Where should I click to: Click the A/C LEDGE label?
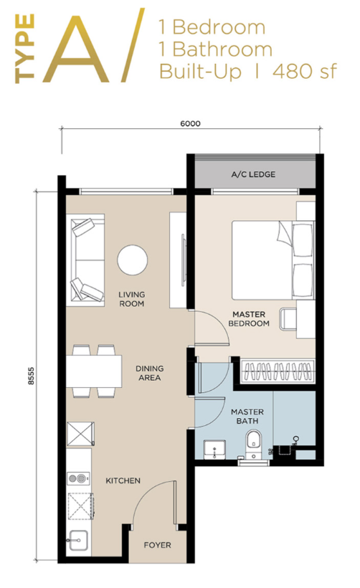[253, 174]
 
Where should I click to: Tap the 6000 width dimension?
[190, 123]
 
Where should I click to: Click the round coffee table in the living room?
[133, 260]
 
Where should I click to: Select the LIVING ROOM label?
[132, 299]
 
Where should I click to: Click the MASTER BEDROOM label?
[249, 319]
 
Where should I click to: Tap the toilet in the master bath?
[255, 445]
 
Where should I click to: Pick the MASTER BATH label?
[247, 416]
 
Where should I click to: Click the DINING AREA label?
[149, 373]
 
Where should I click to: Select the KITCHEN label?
[123, 480]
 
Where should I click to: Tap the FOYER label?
[158, 545]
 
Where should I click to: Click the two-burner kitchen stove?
[79, 478]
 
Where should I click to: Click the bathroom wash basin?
[214, 450]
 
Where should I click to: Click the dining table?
[94, 371]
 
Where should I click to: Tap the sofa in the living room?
[85, 260]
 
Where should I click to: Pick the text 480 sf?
[305, 71]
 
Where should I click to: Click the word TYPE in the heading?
[25, 49]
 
